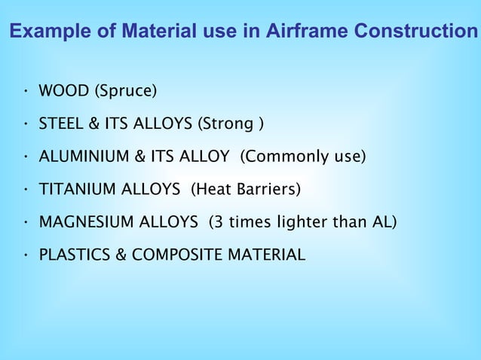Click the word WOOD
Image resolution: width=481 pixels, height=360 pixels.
coord(63,92)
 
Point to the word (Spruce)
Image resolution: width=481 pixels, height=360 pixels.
coord(125,92)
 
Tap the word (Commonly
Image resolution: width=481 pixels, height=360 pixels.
coord(285,157)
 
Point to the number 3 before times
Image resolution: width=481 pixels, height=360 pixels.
coord(215,222)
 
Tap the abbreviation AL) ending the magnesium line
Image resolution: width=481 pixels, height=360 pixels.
coord(383,222)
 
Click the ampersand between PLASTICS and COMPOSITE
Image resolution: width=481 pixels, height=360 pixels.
coord(121,255)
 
